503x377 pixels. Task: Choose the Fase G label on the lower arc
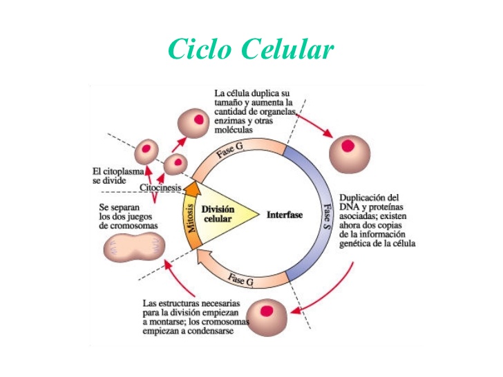click(240, 280)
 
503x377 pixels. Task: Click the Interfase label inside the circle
click(285, 215)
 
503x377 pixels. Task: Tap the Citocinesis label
click(160, 187)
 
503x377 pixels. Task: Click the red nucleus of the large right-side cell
click(350, 146)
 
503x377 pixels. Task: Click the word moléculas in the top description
click(234, 130)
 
